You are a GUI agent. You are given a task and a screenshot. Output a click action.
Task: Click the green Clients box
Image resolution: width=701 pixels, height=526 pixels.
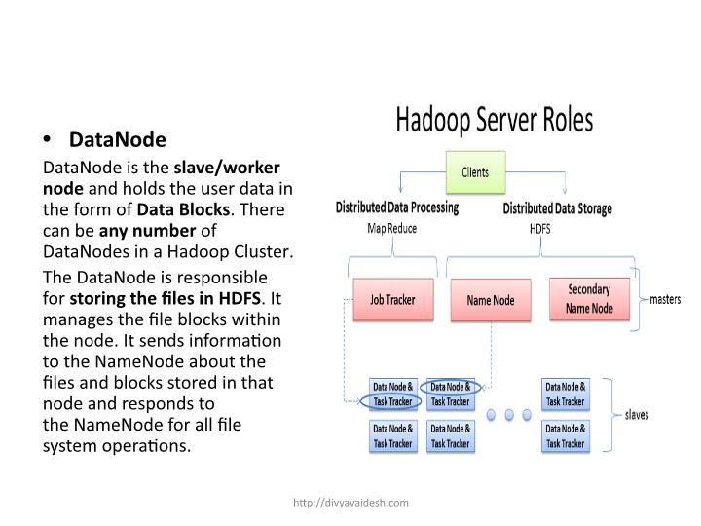(x=475, y=172)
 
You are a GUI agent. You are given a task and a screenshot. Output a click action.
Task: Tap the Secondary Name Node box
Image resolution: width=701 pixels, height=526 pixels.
(x=589, y=299)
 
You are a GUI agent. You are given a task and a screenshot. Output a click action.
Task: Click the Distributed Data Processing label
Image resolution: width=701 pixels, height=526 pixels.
(x=396, y=207)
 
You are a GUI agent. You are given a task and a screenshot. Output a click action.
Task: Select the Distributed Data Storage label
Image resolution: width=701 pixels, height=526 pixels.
(x=558, y=208)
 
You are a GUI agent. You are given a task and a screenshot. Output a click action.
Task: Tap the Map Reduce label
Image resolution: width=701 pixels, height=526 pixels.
(x=392, y=229)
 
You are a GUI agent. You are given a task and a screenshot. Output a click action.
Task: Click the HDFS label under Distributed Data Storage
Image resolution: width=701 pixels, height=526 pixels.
(x=539, y=229)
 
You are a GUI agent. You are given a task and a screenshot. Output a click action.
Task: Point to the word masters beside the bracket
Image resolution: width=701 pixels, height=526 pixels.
(x=672, y=299)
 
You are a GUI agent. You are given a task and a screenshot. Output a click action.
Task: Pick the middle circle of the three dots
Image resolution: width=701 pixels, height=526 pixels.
(x=507, y=414)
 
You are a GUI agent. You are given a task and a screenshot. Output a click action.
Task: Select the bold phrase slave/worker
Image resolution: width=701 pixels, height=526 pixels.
(x=226, y=168)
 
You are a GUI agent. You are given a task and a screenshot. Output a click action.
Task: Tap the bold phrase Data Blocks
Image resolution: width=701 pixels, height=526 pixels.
(x=183, y=209)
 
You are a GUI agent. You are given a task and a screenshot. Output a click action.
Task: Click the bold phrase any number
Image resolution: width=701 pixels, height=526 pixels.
(x=151, y=231)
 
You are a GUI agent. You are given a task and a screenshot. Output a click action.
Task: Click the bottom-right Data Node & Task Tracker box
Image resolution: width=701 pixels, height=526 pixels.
(x=565, y=435)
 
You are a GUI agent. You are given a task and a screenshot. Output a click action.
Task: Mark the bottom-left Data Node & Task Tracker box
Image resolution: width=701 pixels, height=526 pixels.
(x=392, y=435)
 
